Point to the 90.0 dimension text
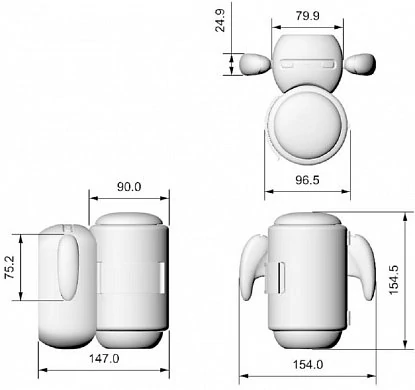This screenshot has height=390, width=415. [129, 187]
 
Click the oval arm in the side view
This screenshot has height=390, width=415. [67, 265]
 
